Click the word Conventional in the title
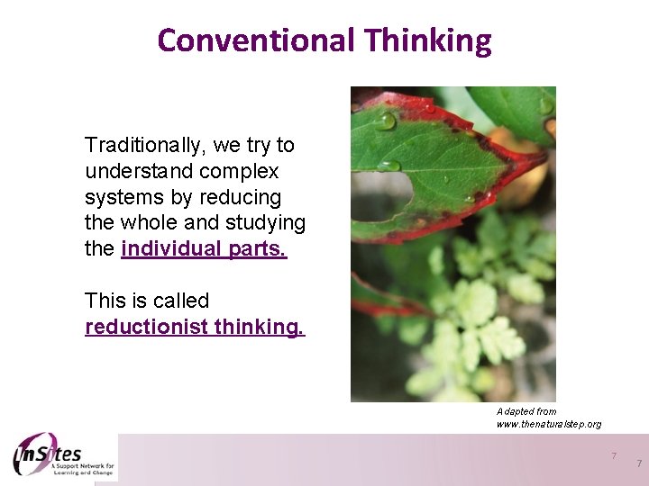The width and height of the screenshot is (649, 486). click(256, 40)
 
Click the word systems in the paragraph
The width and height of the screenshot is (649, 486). click(118, 197)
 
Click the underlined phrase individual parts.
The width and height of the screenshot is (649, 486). click(203, 248)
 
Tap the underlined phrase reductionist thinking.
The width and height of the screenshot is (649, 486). click(195, 327)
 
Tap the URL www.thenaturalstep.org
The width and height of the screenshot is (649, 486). click(548, 424)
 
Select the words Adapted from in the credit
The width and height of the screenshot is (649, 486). click(526, 411)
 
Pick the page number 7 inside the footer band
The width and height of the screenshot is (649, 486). click(614, 455)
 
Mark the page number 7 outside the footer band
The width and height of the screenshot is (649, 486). click(638, 463)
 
